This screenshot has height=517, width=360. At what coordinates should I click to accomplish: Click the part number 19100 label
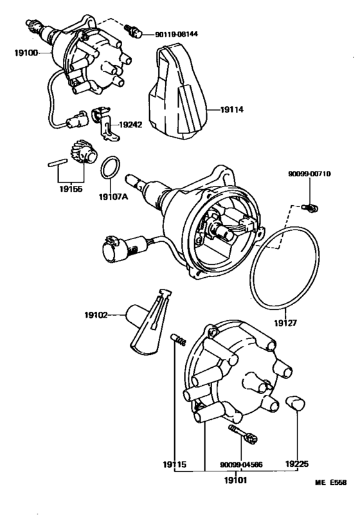[26, 53]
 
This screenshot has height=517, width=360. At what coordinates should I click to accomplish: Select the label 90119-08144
[177, 34]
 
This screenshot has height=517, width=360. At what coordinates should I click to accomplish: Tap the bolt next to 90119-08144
[133, 31]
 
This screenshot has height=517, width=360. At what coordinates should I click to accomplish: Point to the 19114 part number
[232, 109]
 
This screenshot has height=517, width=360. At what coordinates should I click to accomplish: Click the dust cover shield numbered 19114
[178, 93]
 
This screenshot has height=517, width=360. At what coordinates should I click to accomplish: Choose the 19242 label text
[130, 125]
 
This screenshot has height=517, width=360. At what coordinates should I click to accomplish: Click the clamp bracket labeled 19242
[102, 123]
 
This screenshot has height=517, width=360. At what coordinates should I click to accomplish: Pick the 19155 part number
[71, 189]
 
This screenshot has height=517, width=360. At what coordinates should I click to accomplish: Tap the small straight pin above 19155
[58, 163]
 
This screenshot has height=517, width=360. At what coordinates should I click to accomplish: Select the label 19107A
[114, 197]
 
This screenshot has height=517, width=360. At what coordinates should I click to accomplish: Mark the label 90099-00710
[309, 174]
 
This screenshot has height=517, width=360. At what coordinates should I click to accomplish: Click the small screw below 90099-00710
[310, 208]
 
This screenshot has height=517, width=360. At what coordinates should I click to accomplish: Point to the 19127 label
[285, 323]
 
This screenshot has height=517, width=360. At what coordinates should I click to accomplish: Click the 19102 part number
[96, 315]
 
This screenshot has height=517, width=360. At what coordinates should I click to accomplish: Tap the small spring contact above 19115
[178, 340]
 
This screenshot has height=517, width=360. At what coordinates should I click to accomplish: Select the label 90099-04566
[241, 464]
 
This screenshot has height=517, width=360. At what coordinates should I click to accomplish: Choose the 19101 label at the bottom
[235, 480]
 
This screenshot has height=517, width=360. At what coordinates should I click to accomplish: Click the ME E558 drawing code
[330, 482]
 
